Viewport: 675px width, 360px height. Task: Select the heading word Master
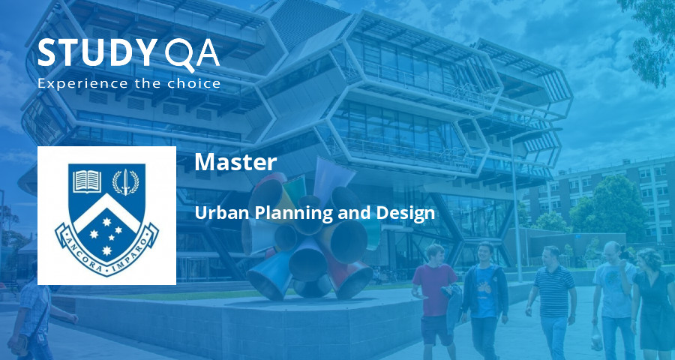point(235,162)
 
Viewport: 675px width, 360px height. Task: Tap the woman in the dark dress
point(652,300)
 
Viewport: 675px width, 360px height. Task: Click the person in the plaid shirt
point(34,315)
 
